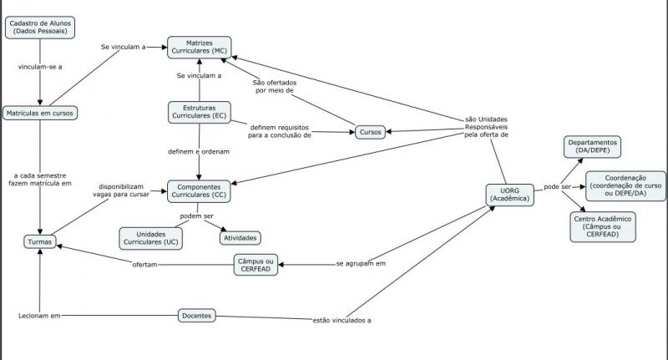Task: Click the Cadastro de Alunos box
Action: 40,26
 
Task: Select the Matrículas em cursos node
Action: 40,113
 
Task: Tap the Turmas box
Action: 39,242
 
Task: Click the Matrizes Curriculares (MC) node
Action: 199,47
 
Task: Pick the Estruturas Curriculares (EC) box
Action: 198,111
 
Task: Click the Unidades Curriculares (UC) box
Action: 151,237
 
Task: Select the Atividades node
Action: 240,237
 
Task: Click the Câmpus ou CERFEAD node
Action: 256,264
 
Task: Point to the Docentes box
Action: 197,316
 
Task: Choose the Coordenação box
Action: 625,185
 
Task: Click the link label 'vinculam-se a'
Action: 40,65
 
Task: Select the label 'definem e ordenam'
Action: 198,151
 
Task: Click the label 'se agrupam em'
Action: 362,263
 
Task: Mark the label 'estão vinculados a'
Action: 342,320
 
